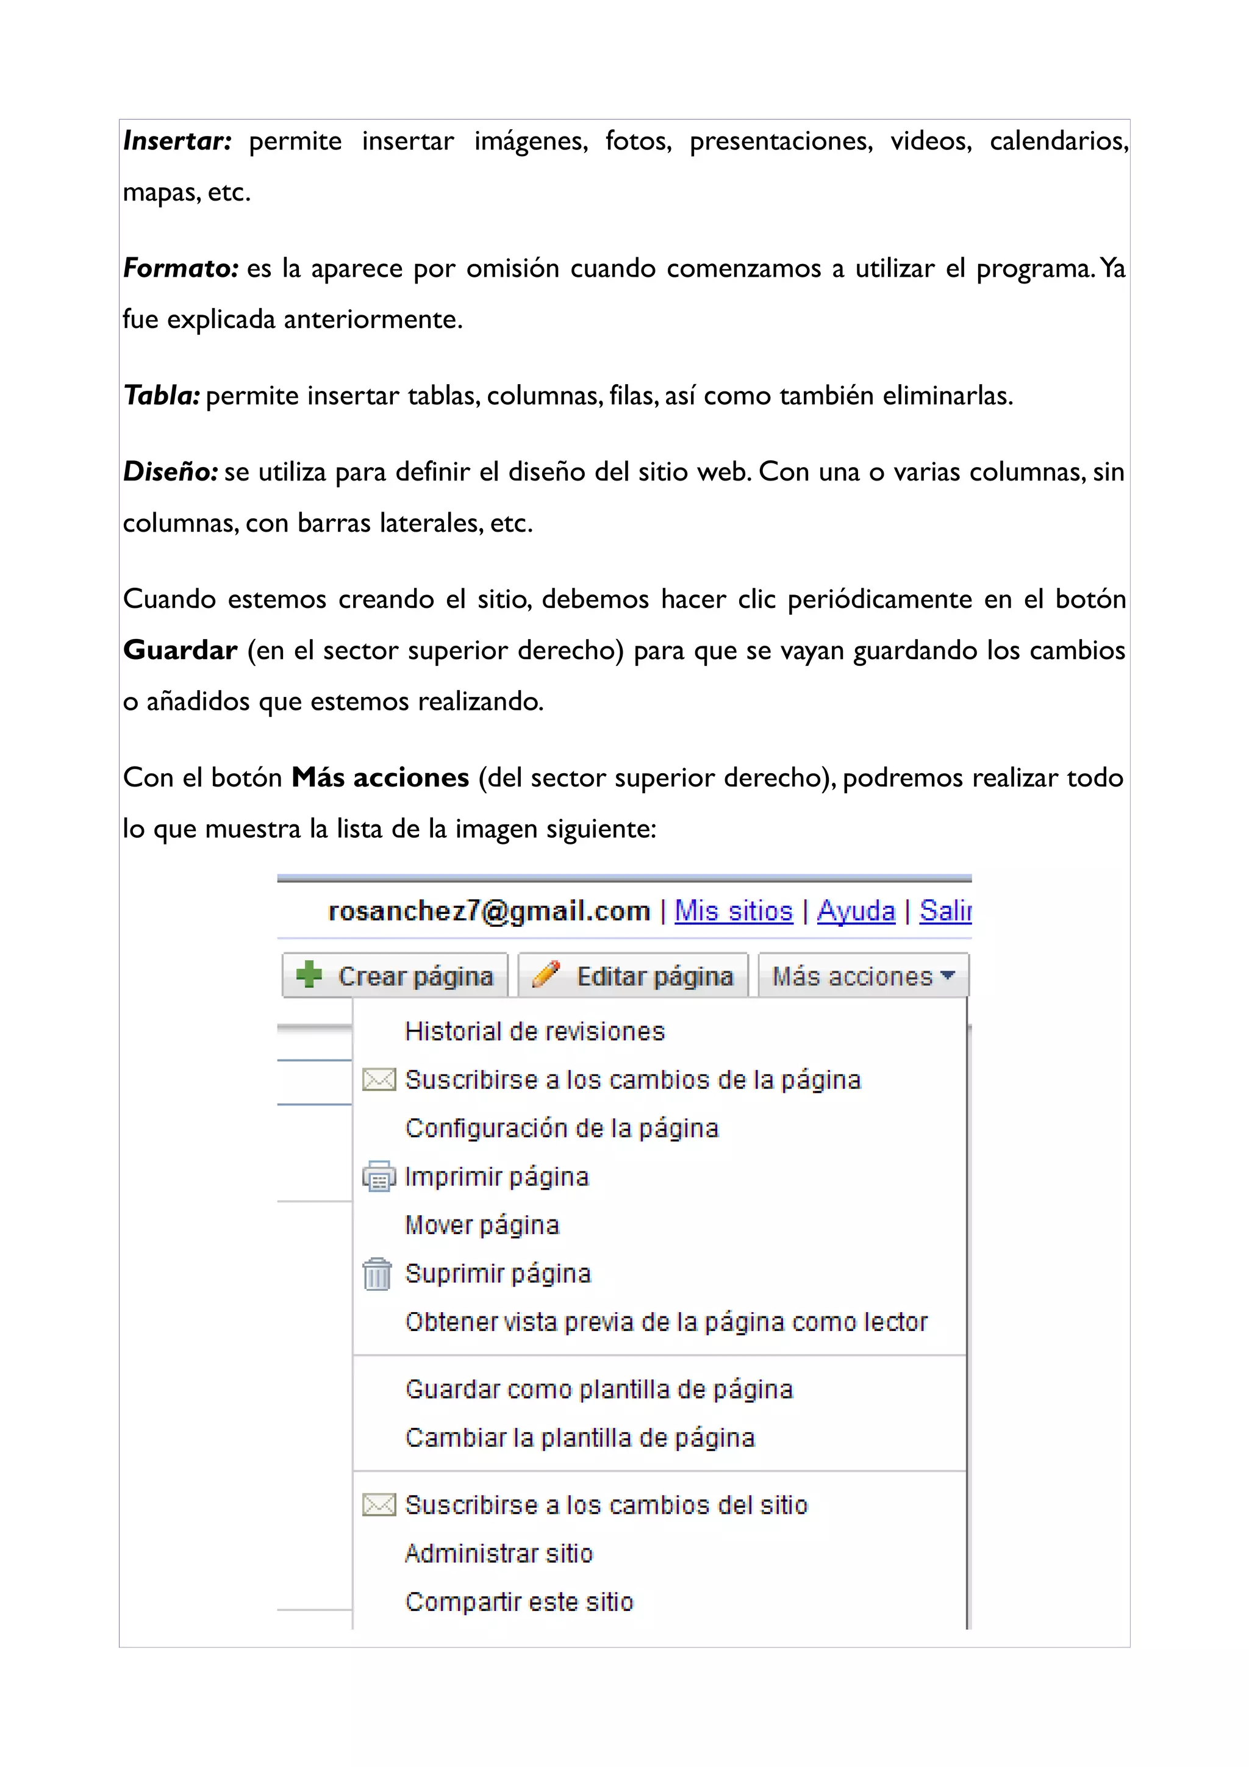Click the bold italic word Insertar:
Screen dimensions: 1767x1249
pyautogui.click(x=177, y=141)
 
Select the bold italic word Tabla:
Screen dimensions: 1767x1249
pyautogui.click(x=162, y=396)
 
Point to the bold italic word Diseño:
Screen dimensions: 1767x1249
pyautogui.click(x=171, y=472)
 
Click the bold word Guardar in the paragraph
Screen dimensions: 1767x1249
pyautogui.click(x=180, y=651)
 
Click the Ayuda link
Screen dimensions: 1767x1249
pyautogui.click(x=856, y=911)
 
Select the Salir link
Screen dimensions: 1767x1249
pyautogui.click(x=945, y=911)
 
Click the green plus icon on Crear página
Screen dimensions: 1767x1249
pyautogui.click(x=309, y=974)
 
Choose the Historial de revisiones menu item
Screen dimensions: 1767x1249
pyautogui.click(x=534, y=1031)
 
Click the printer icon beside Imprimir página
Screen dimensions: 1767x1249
pyautogui.click(x=379, y=1177)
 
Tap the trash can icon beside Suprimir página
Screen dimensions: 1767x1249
pyautogui.click(x=377, y=1274)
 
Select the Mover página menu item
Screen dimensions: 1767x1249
pyautogui.click(x=482, y=1225)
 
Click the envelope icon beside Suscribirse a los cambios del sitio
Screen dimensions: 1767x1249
pyautogui.click(x=379, y=1505)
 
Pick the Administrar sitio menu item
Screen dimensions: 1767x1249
pyautogui.click(x=499, y=1553)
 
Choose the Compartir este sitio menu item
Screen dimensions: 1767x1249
pyautogui.click(x=518, y=1602)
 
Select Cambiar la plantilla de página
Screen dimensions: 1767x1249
pyautogui.click(x=579, y=1438)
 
